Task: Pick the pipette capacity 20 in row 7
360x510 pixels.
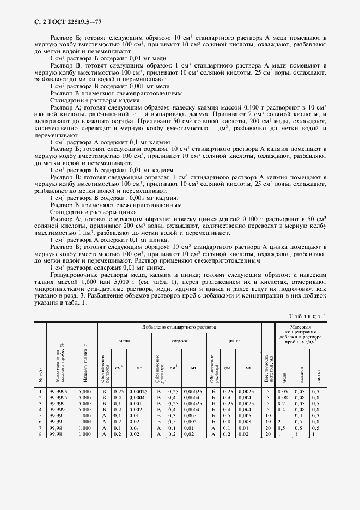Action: coord(268,427)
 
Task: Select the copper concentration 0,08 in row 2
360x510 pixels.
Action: coord(282,397)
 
